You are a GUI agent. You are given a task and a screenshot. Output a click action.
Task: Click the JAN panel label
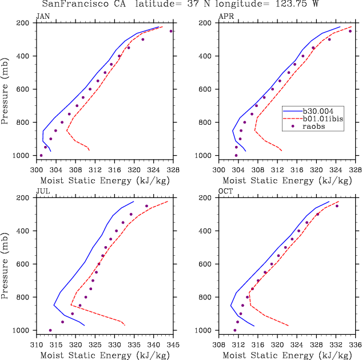point(42,17)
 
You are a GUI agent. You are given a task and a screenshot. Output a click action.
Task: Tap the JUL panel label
point(42,192)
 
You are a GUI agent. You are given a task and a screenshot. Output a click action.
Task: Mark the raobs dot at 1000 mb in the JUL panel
point(50,330)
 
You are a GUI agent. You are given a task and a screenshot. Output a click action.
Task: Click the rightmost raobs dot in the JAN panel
point(171,31)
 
